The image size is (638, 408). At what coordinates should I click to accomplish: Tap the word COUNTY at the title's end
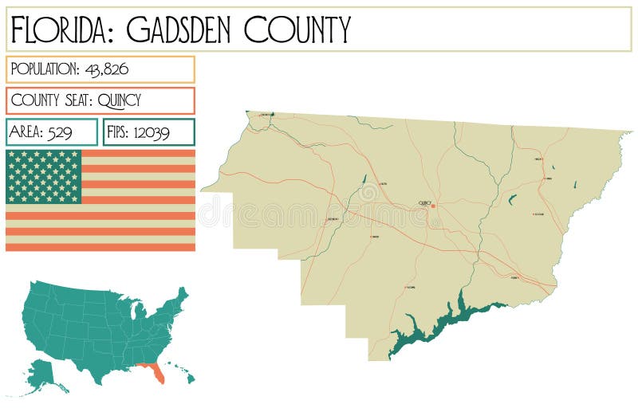tap(297, 29)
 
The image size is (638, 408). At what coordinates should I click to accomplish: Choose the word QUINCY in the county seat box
tap(120, 100)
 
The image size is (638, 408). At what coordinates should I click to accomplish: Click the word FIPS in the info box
tap(119, 132)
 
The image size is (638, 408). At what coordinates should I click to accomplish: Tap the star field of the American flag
tap(44, 176)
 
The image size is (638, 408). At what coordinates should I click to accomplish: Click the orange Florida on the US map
tap(153, 371)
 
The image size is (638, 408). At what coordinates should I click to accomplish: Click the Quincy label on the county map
tap(424, 202)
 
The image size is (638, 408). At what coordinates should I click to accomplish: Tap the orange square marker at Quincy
tap(433, 206)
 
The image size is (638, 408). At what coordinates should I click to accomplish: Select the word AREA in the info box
tap(25, 132)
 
